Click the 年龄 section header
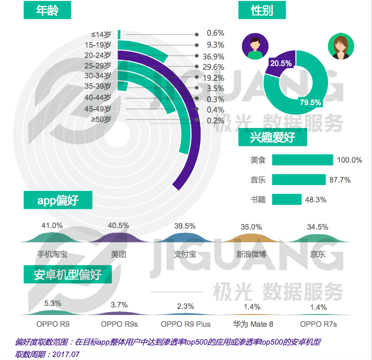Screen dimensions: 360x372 click(47, 10)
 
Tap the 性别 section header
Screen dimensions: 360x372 click(262, 10)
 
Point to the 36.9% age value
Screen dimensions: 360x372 click(213, 56)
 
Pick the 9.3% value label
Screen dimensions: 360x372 click(215, 45)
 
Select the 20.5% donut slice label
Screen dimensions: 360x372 click(280, 63)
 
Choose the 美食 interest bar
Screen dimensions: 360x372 click(302, 160)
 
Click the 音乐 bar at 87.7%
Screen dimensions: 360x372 click(298, 180)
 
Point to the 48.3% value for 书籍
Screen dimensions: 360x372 click(316, 199)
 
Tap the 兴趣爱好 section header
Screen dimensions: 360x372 click(273, 138)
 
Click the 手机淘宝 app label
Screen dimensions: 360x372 click(52, 254)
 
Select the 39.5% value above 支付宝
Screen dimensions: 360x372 click(185, 226)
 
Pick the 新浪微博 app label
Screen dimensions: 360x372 click(251, 254)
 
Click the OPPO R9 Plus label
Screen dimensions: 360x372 click(186, 324)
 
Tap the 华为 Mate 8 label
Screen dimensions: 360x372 click(253, 324)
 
